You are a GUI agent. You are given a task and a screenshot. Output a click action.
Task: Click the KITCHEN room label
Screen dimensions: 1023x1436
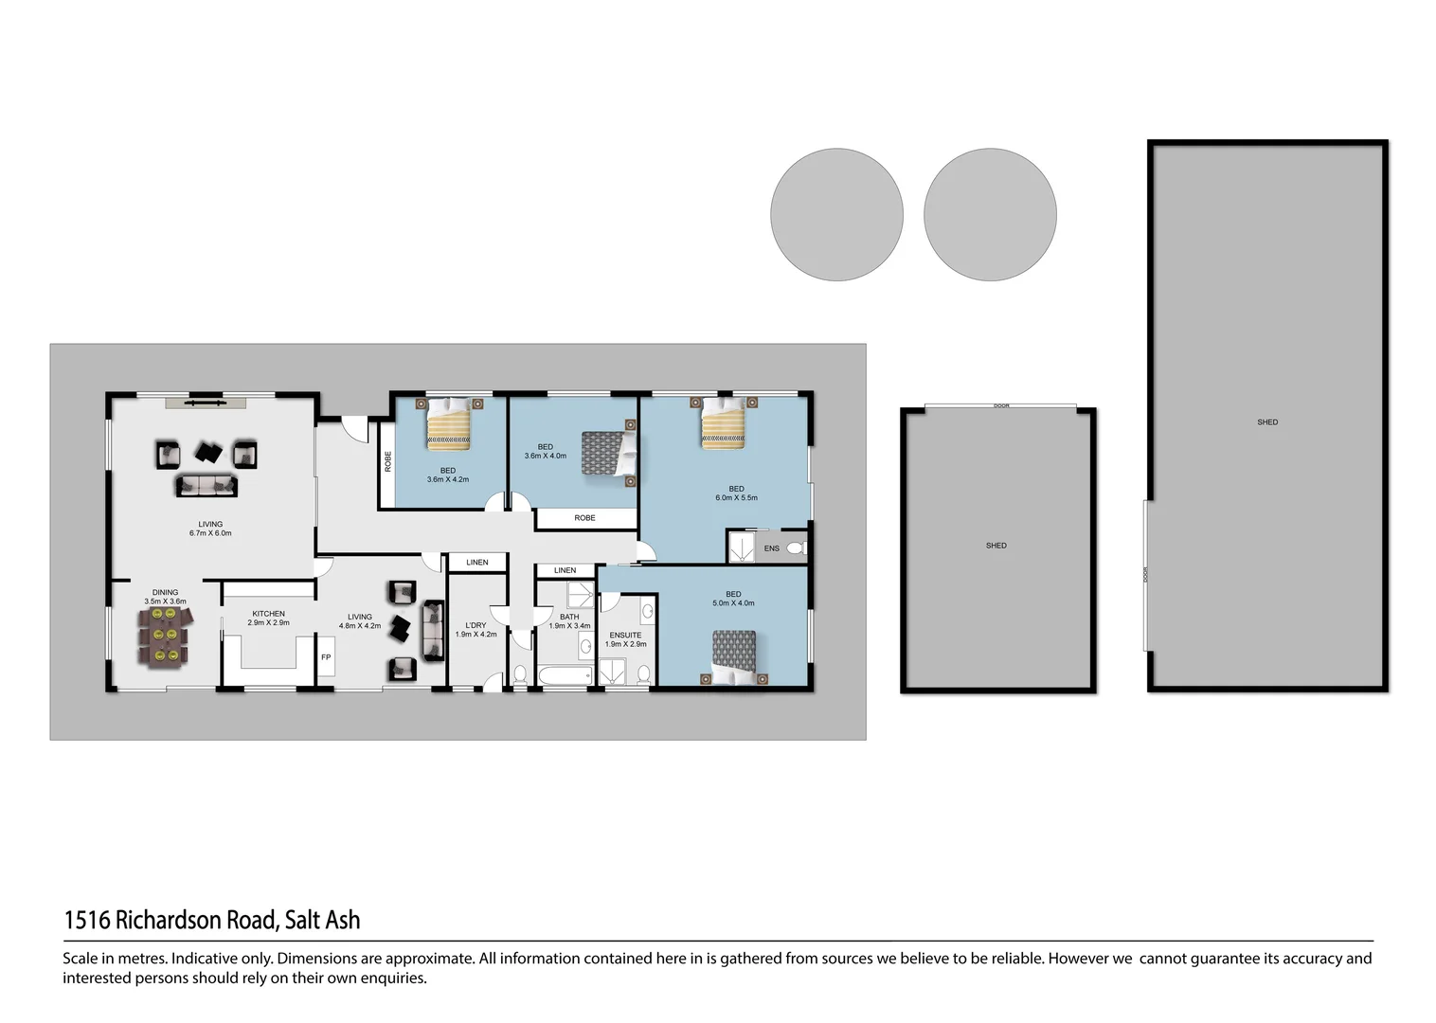pos(268,614)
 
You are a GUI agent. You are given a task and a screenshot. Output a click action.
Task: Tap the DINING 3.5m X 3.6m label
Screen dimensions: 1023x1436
pos(165,597)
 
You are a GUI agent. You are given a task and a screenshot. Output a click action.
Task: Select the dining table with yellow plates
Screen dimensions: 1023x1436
pos(165,636)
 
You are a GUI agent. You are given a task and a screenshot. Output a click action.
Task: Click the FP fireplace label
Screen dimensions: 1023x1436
pos(326,657)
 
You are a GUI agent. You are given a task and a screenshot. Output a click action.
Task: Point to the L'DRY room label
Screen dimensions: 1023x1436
pos(476,625)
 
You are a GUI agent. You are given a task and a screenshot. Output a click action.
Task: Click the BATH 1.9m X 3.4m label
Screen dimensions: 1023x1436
pos(569,621)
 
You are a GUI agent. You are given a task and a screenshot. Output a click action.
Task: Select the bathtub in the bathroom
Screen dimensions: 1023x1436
pos(565,675)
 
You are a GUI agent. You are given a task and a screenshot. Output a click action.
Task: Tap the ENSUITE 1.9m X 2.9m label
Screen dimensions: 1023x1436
pos(625,639)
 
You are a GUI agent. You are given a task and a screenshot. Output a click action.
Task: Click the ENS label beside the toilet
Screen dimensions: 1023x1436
pos(772,548)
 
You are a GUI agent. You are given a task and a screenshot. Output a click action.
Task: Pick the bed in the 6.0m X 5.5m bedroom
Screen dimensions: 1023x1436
pos(724,422)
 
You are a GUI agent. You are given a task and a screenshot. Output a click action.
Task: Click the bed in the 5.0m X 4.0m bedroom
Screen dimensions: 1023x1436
pos(734,656)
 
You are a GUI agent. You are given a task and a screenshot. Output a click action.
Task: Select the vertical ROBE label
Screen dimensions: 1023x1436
pos(387,461)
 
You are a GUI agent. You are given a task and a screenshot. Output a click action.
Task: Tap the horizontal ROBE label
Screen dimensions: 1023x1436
pos(584,518)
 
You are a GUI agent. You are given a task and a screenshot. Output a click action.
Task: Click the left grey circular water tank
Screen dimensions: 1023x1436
pos(836,214)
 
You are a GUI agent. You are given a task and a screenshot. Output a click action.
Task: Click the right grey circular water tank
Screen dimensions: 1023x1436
pos(990,214)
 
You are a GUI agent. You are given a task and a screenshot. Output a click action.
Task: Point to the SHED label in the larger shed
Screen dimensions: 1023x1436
pos(1267,422)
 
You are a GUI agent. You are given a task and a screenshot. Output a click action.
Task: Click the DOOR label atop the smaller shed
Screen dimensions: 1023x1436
pos(1001,405)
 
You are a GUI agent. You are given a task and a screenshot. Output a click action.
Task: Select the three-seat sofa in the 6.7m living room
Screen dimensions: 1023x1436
pos(206,486)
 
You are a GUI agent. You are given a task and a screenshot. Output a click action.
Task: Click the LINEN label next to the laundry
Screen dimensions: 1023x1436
pos(477,563)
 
